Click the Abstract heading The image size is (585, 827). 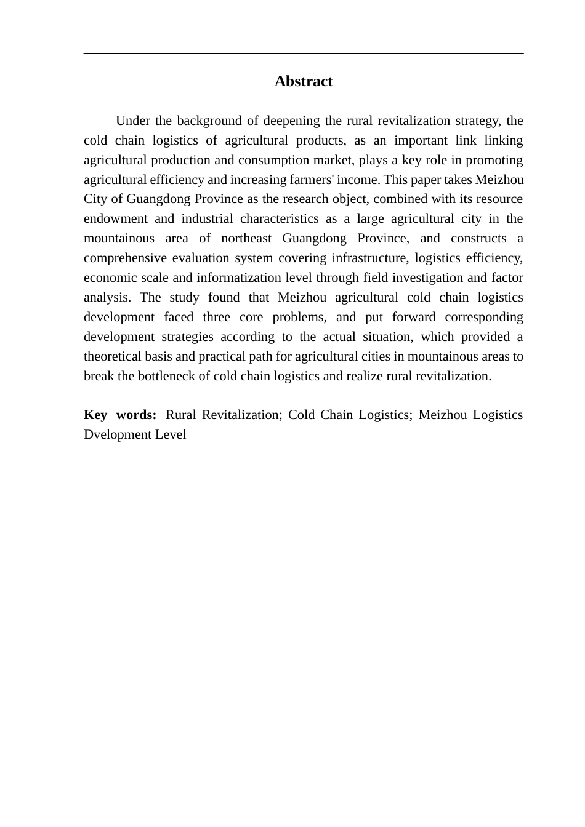303,81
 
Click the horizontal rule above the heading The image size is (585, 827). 303,54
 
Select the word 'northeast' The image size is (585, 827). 246,238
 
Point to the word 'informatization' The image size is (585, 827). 240,278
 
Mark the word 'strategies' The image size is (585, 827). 187,337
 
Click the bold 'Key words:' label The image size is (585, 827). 120,415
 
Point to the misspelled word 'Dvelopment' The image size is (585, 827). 115,434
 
